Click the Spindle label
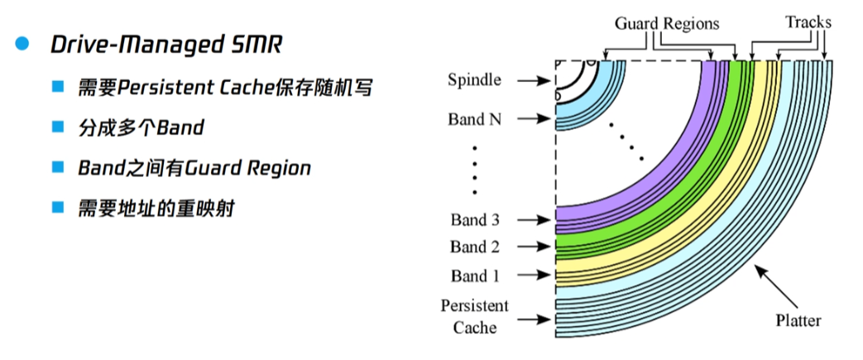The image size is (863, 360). click(x=474, y=79)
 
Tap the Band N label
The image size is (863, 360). click(x=474, y=118)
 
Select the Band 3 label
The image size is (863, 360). click(x=475, y=219)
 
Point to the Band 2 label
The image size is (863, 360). click(x=475, y=247)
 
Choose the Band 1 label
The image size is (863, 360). click(x=475, y=275)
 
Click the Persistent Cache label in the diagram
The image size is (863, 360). click(x=474, y=316)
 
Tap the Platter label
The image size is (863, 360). click(x=798, y=319)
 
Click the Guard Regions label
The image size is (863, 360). click(x=667, y=24)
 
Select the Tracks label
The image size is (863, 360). click(x=808, y=22)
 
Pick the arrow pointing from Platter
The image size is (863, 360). click(x=777, y=286)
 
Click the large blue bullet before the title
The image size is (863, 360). click(x=22, y=45)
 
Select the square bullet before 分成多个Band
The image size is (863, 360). click(x=57, y=127)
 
